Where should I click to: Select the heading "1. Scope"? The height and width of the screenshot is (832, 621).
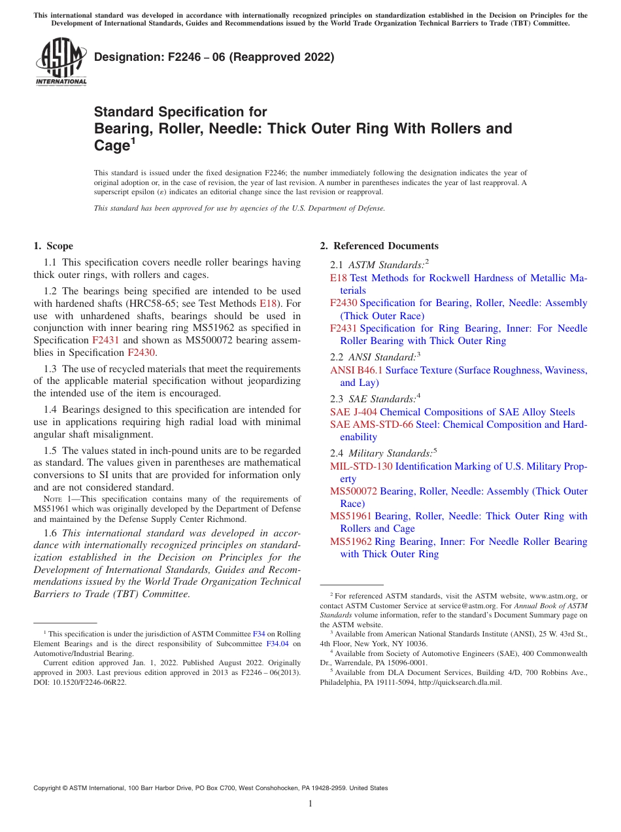point(53,246)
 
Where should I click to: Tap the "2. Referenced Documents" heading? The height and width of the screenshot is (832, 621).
point(379,246)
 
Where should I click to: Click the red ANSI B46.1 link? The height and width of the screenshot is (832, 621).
point(356,370)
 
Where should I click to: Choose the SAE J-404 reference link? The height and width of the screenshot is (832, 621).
point(353,412)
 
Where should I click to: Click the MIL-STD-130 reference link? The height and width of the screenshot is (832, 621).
point(361,466)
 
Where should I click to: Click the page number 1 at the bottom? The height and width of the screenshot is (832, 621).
point(310,803)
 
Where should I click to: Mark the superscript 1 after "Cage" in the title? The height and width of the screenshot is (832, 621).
point(133,141)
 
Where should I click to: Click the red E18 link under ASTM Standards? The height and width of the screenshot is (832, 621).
point(338,278)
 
